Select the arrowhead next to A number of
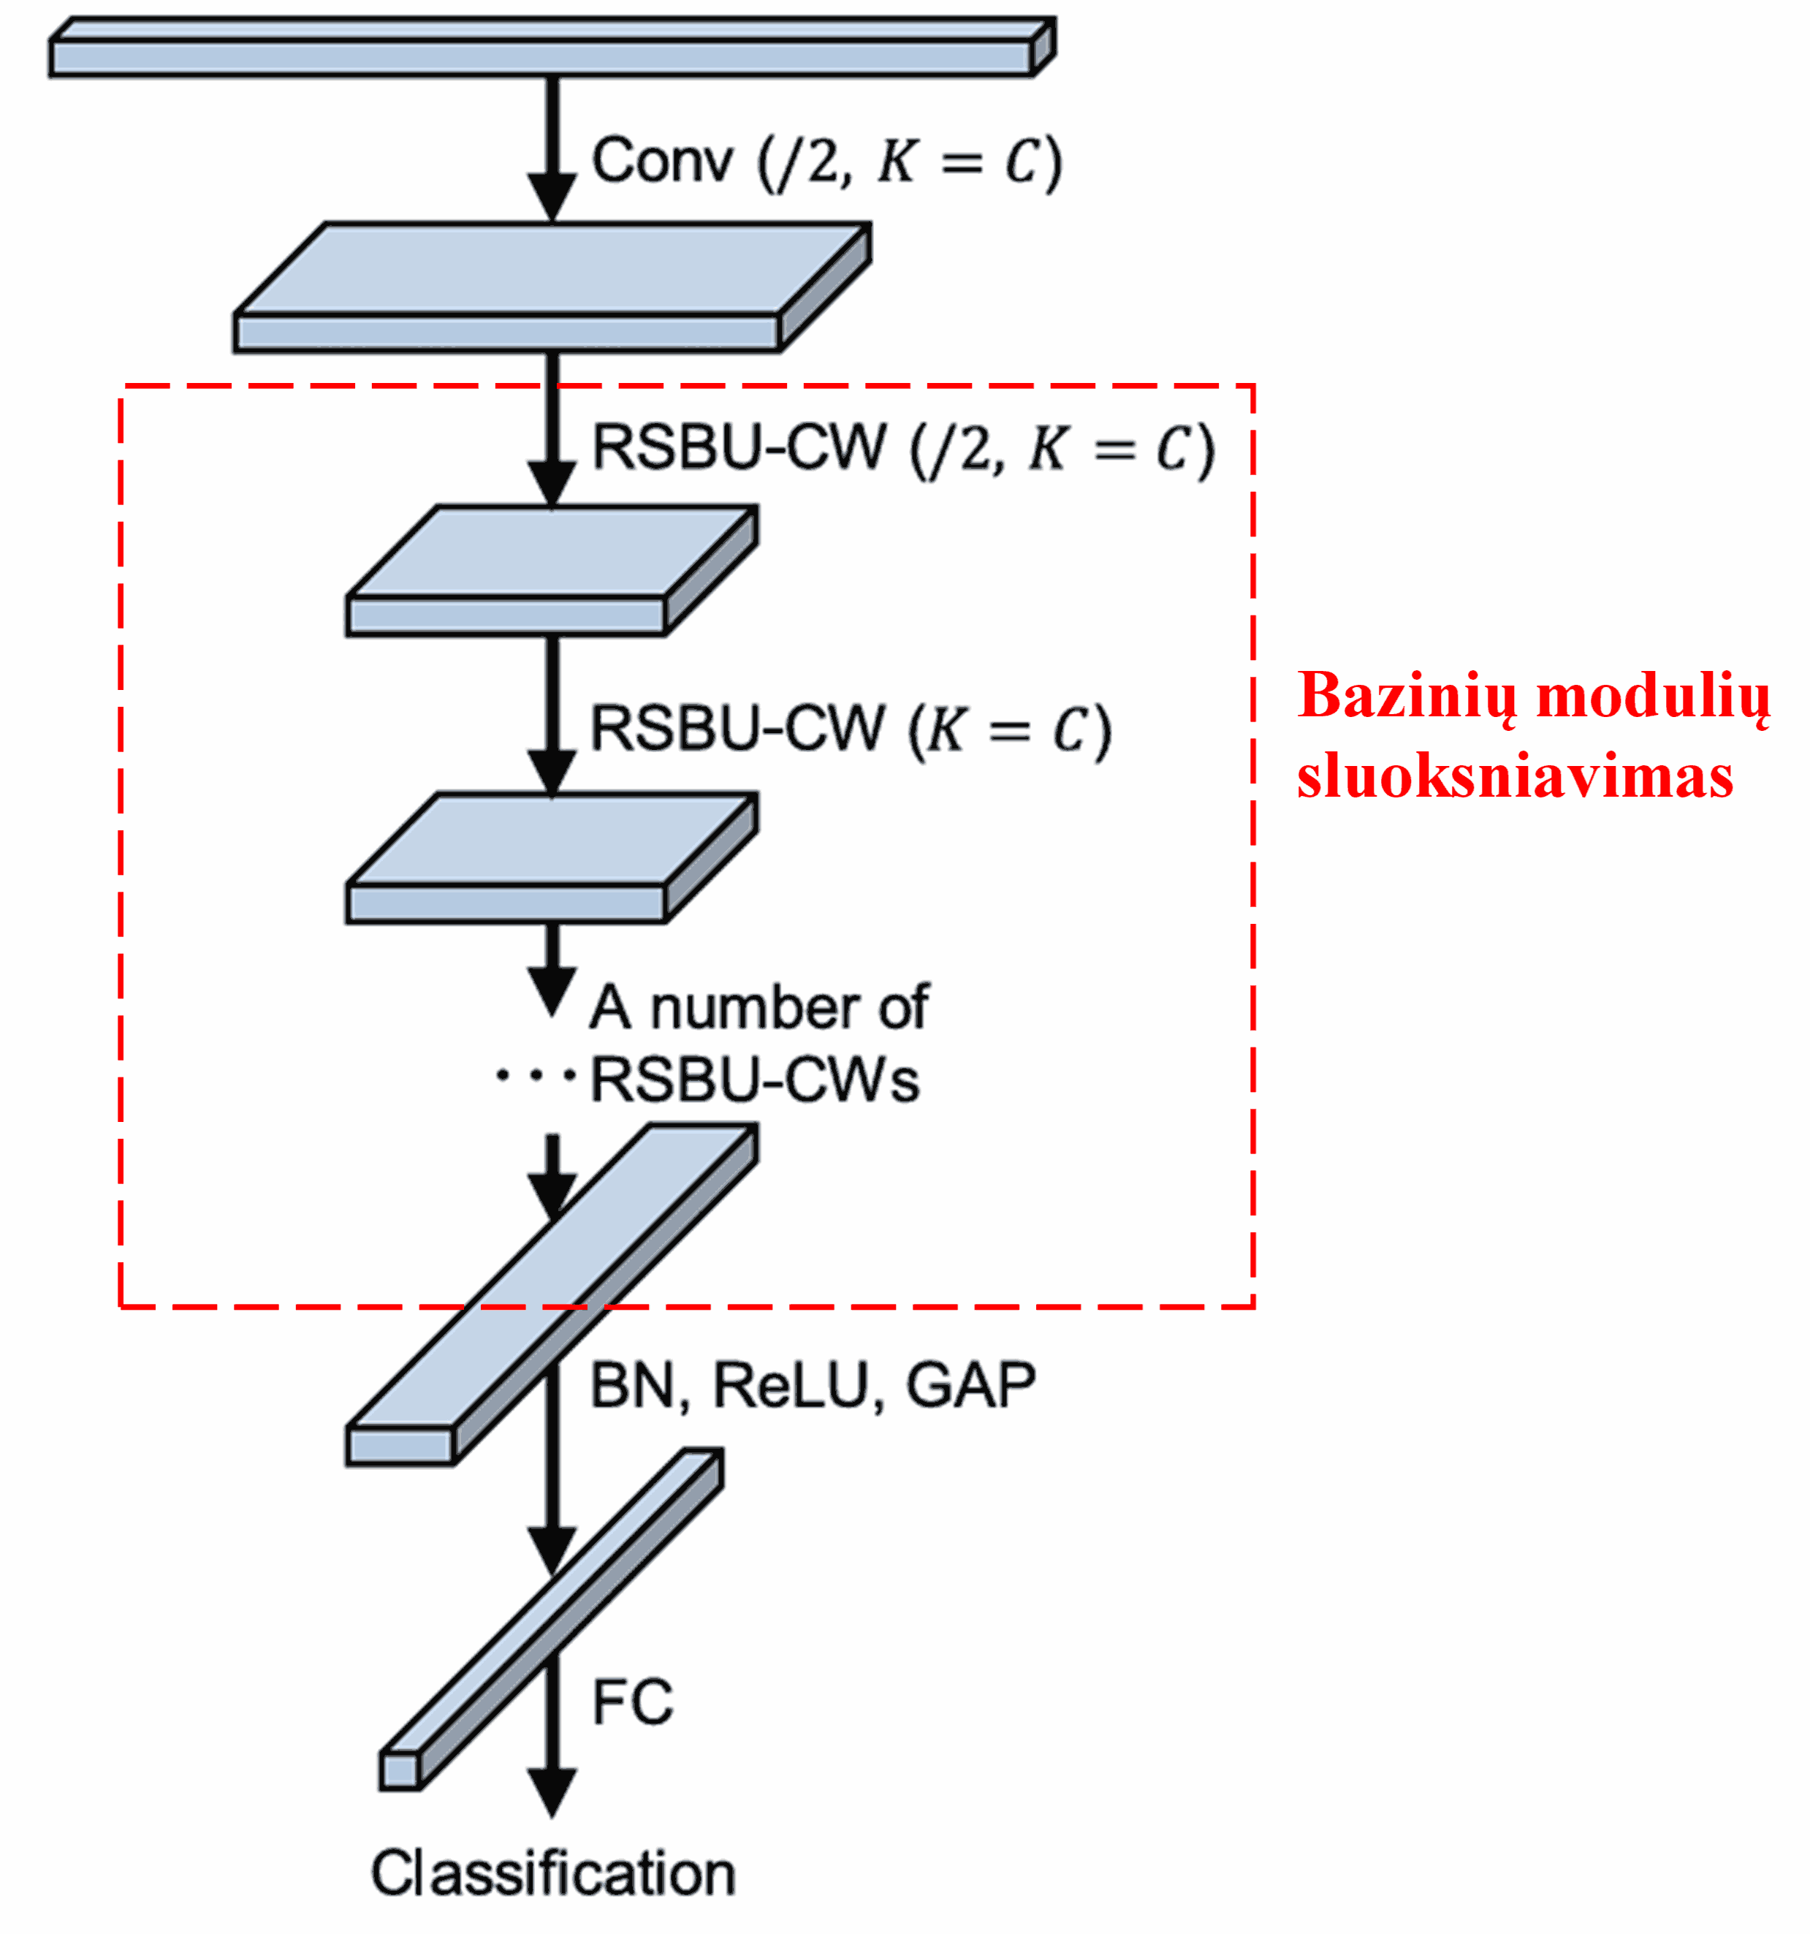point(552,993)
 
